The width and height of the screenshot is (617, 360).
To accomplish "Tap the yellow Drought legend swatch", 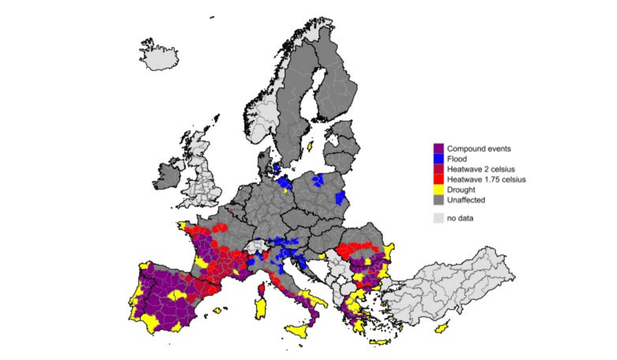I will pos(438,189).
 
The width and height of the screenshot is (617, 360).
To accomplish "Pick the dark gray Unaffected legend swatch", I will pos(438,200).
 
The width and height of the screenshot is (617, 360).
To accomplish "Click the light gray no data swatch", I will pos(438,218).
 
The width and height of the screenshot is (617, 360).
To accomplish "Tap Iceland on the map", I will pos(162,57).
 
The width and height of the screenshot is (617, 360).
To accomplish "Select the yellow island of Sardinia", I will pos(263,308).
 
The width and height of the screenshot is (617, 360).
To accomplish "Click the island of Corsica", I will pos(262,290).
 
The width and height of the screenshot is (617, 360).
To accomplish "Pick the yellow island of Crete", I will pos(380,342).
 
